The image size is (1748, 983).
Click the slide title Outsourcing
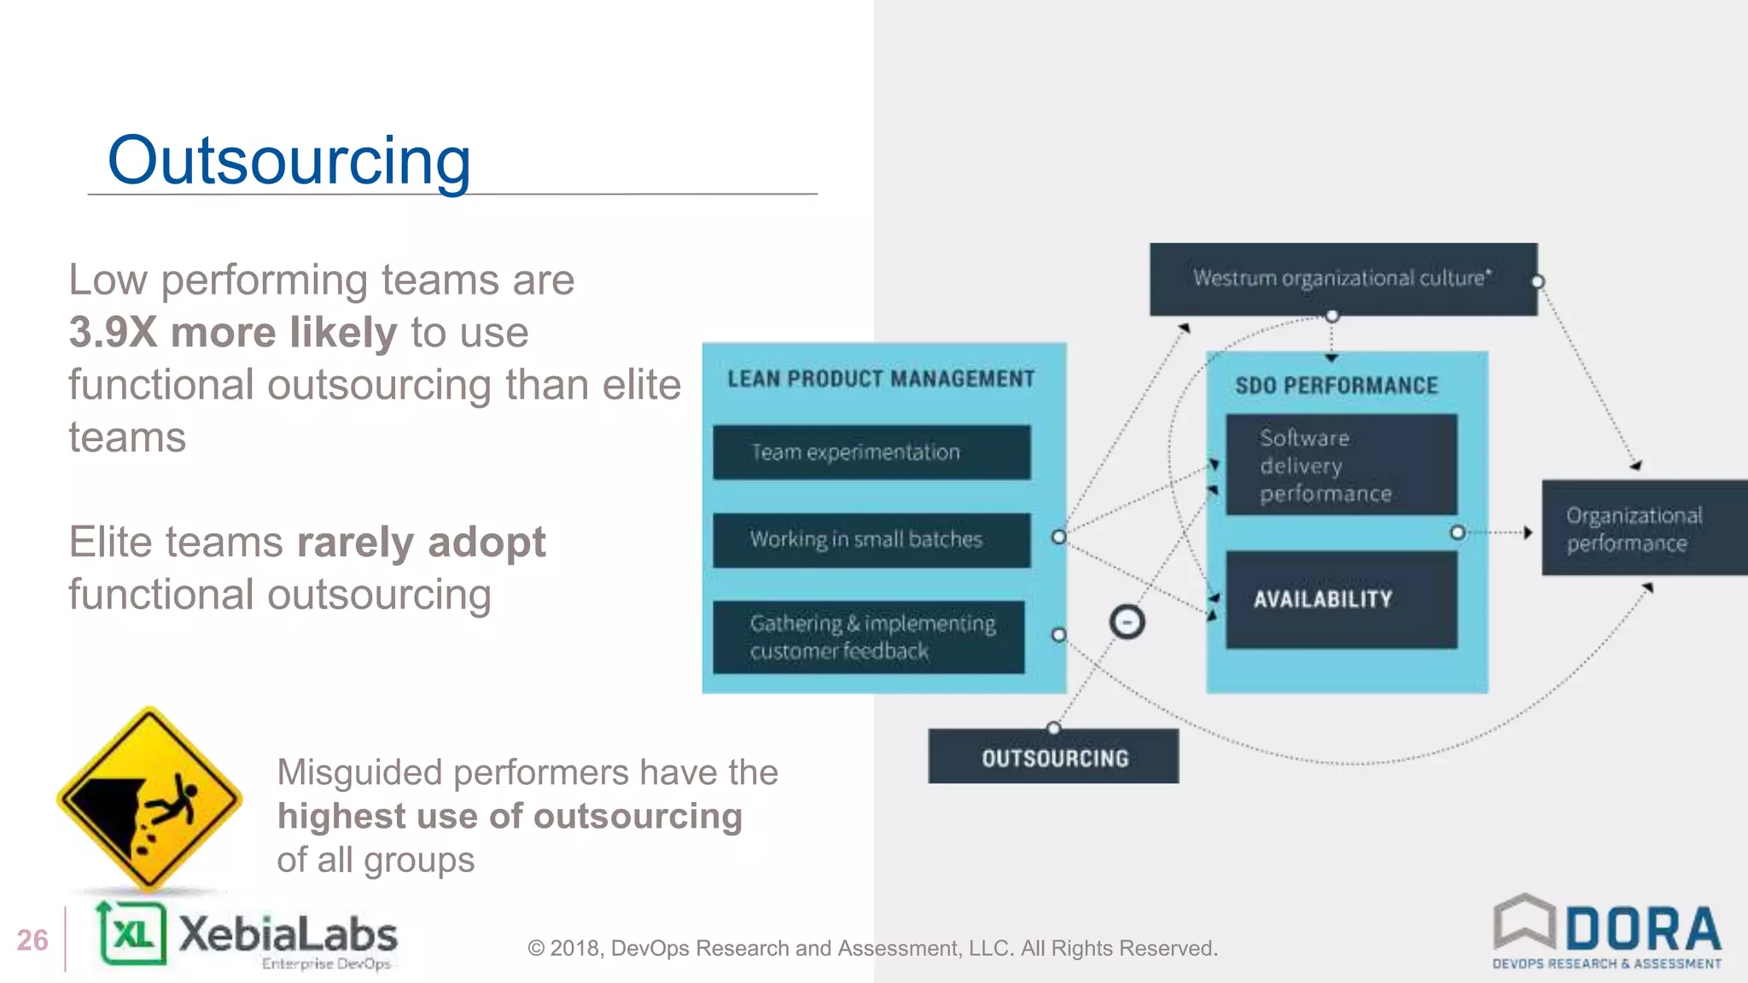(288, 160)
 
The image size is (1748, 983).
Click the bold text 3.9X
(114, 333)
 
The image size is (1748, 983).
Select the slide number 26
(32, 940)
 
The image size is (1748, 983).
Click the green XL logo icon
(131, 934)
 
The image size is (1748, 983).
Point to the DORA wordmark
(1642, 929)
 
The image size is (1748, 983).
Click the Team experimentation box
(871, 452)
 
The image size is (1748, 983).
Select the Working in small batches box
(871, 540)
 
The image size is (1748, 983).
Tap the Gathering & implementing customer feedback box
(869, 637)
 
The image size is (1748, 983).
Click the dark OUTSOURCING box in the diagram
(1053, 757)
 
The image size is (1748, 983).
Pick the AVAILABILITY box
(1341, 600)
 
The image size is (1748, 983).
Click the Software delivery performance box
(1341, 465)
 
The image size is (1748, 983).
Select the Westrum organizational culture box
(1343, 279)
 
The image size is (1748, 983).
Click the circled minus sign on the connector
(1127, 622)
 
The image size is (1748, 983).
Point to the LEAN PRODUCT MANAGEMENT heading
(881, 379)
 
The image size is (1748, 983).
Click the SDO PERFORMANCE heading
(1337, 386)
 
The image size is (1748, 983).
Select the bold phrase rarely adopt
(421, 543)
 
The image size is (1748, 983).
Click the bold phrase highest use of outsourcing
(510, 817)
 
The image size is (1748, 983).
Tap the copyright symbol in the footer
(536, 949)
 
